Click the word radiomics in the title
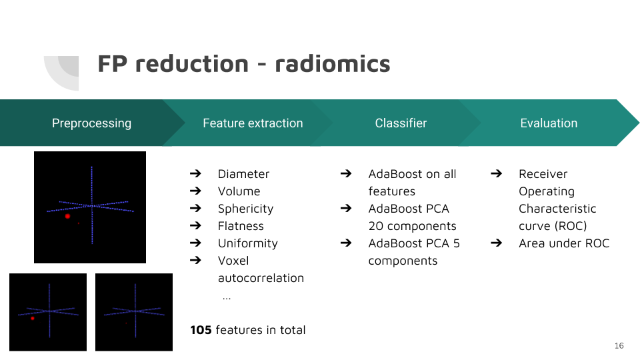pos(332,64)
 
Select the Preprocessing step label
pos(91,123)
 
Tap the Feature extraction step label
pos(253,123)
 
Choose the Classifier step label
pos(401,123)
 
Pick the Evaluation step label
pos(549,123)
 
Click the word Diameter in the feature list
pos(243,174)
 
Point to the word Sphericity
pos(245,209)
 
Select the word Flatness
pos(241,226)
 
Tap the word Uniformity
pos(248,243)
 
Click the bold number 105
pos(201,330)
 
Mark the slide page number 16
pos(619,346)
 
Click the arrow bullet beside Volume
pos(195,191)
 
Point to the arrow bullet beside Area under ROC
pos(496,243)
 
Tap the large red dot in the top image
pos(68,216)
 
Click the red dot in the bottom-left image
pos(33,319)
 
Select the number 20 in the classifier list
pos(375,226)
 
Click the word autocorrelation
pos(261,278)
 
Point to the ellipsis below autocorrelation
pos(227,299)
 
